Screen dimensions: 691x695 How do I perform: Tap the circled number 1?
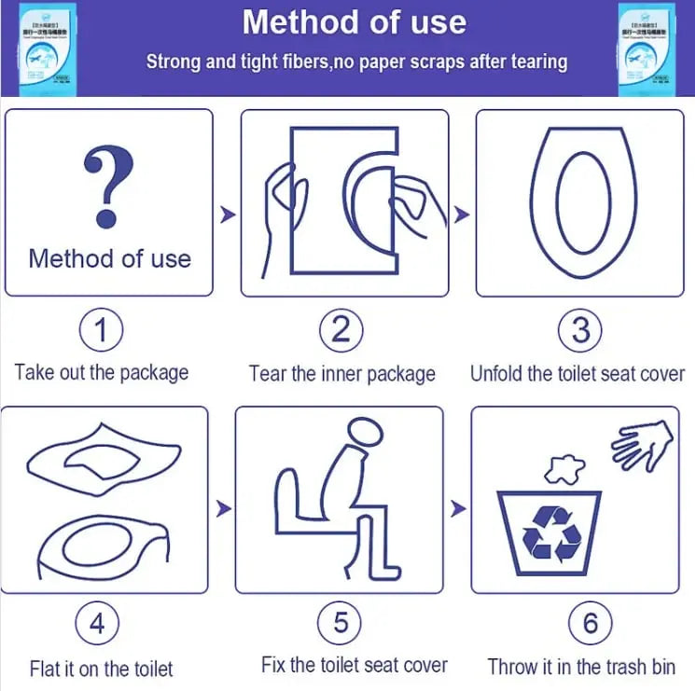[x=102, y=331]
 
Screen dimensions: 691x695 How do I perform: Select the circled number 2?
[x=341, y=331]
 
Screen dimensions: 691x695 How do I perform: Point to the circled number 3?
[x=580, y=331]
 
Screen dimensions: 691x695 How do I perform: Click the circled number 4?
[x=97, y=624]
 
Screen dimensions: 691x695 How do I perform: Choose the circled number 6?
[x=590, y=624]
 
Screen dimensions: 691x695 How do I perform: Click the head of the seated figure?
[x=363, y=432]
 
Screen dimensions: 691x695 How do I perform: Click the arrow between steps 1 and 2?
[x=227, y=215]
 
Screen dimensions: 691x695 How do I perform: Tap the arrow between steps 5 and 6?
[x=458, y=509]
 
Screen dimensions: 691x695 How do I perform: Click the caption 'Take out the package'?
[x=102, y=373]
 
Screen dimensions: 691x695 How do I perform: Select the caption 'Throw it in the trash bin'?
[x=581, y=666]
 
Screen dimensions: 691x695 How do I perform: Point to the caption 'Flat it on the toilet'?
[x=101, y=669]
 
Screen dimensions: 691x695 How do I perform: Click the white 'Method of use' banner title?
[x=354, y=22]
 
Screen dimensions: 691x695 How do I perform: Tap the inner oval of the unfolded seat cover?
[x=582, y=201]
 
